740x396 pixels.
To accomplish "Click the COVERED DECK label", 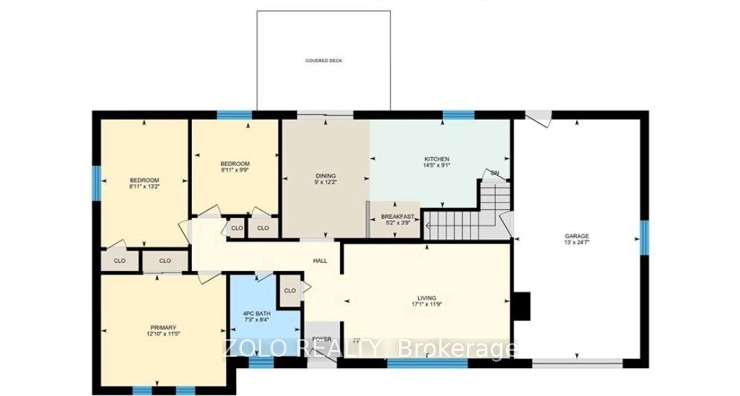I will point(324,61).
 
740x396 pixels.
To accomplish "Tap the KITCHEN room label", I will point(437,159).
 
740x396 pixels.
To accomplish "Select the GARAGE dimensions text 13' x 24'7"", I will point(577,243).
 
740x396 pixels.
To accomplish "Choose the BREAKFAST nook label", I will point(398,217).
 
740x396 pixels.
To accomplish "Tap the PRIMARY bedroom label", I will point(163,327).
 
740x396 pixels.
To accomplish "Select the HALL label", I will point(320,261).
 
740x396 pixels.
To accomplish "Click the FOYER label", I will point(322,339).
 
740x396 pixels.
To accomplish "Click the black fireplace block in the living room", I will point(523,306).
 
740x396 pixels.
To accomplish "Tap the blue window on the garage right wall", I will point(644,237).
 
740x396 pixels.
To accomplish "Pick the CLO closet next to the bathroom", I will point(289,291).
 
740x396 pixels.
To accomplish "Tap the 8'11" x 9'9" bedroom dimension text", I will point(235,170).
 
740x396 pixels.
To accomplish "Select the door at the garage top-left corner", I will point(540,118).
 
